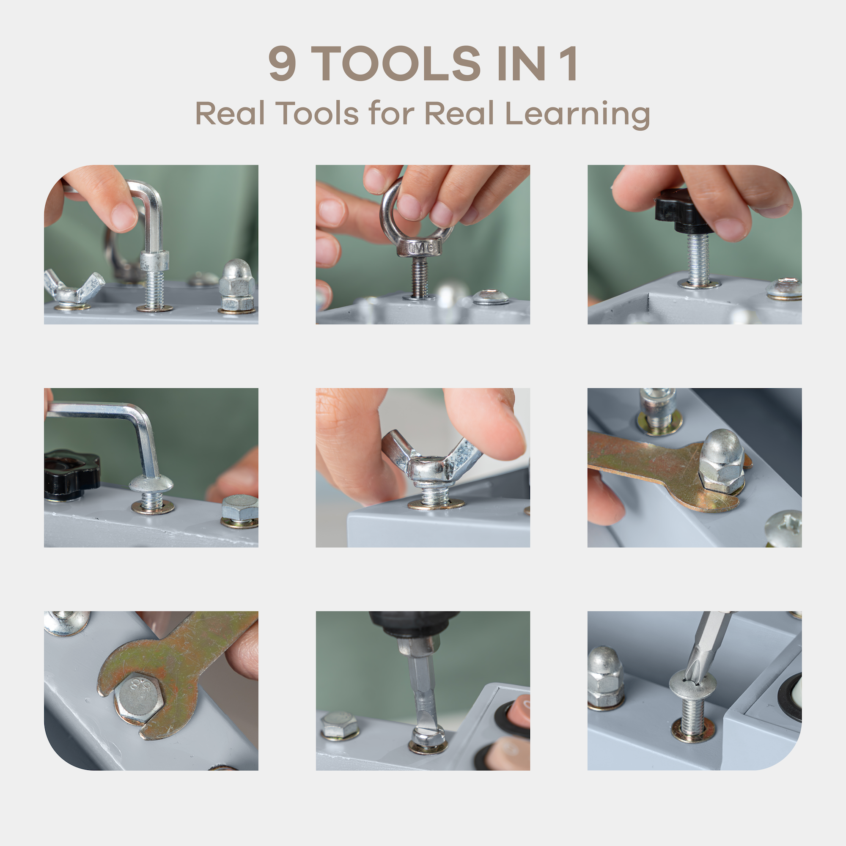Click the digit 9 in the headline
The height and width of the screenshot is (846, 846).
click(283, 63)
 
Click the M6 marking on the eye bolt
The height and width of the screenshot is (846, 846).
click(420, 248)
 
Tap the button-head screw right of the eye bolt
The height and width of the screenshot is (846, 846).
click(491, 297)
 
